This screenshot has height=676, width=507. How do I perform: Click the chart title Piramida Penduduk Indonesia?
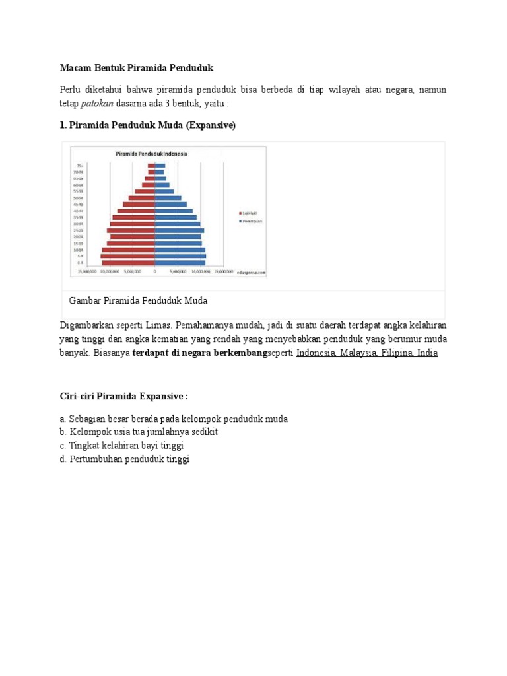pyautogui.click(x=151, y=154)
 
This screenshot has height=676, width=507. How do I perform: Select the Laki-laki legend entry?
pyautogui.click(x=250, y=213)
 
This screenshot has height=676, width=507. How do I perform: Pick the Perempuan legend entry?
pyautogui.click(x=251, y=221)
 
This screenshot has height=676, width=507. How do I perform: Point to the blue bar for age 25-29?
pyautogui.click(x=179, y=230)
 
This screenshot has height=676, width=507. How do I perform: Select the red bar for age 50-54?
pyautogui.click(x=141, y=197)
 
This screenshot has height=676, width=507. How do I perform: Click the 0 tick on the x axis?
pyautogui.click(x=155, y=271)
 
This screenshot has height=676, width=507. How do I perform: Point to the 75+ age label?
pyautogui.click(x=79, y=165)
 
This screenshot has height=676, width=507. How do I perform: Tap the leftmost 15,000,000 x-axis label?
pyautogui.click(x=87, y=271)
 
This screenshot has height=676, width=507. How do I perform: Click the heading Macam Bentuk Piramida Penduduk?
pyautogui.click(x=137, y=68)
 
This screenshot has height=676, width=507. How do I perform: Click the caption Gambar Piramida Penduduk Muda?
pyautogui.click(x=138, y=301)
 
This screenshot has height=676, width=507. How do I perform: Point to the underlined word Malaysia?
pyautogui.click(x=358, y=353)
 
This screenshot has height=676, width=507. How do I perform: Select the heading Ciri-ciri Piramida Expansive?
pyautogui.click(x=123, y=396)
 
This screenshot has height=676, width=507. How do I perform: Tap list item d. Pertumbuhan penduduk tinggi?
pyautogui.click(x=124, y=459)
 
